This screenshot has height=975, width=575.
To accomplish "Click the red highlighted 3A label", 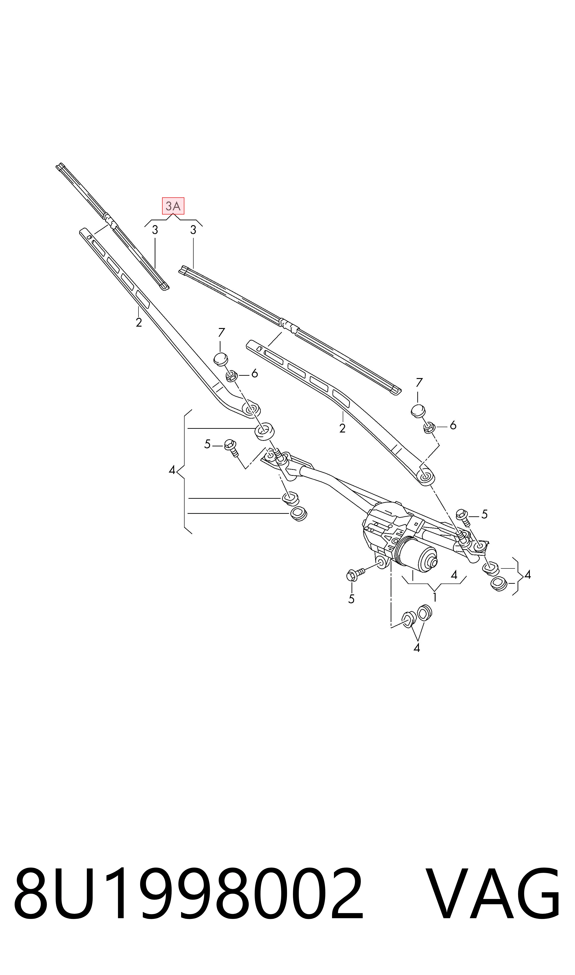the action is click(173, 206).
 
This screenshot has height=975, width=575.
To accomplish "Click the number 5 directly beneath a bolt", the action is click(352, 599).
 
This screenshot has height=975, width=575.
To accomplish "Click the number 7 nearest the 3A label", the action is click(221, 332).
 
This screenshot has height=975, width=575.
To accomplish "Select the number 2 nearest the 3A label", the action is click(139, 322).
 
